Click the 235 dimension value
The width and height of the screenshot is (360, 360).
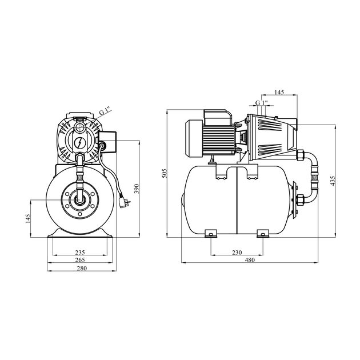pos(80,251)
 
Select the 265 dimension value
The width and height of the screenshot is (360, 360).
pos(80,260)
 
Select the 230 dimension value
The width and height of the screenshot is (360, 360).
pos(237,252)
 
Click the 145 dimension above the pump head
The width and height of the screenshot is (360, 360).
pos(279,93)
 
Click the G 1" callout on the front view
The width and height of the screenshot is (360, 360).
pos(103,111)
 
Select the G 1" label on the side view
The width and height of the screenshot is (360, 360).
pos(261,103)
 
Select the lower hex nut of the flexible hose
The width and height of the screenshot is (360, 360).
pos(299,201)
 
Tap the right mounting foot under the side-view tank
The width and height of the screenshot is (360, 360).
pos(263,233)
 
